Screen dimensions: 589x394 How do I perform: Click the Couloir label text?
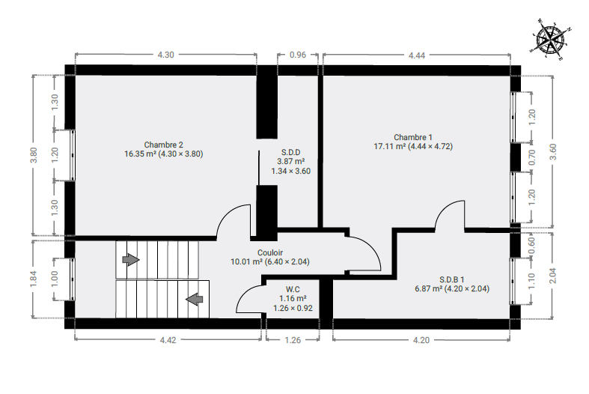[x=270, y=252]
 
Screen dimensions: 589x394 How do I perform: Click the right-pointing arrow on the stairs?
[x=131, y=259]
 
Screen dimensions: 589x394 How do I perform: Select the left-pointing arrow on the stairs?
[x=194, y=300]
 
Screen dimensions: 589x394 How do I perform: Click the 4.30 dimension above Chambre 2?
[x=165, y=55]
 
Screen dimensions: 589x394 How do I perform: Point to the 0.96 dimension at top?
[x=298, y=55]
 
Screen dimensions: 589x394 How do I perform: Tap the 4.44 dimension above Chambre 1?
[x=417, y=55]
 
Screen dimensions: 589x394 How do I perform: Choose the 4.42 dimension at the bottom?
[x=168, y=340]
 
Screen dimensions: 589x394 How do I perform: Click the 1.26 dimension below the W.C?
[x=293, y=340]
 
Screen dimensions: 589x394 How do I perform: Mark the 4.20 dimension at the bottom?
[x=421, y=340]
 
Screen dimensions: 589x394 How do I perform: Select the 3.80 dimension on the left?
[x=34, y=155]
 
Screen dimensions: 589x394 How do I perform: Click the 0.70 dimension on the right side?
[x=532, y=157]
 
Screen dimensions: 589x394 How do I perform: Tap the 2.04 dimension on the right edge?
[x=553, y=275]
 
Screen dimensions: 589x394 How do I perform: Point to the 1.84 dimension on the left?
[x=34, y=279]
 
